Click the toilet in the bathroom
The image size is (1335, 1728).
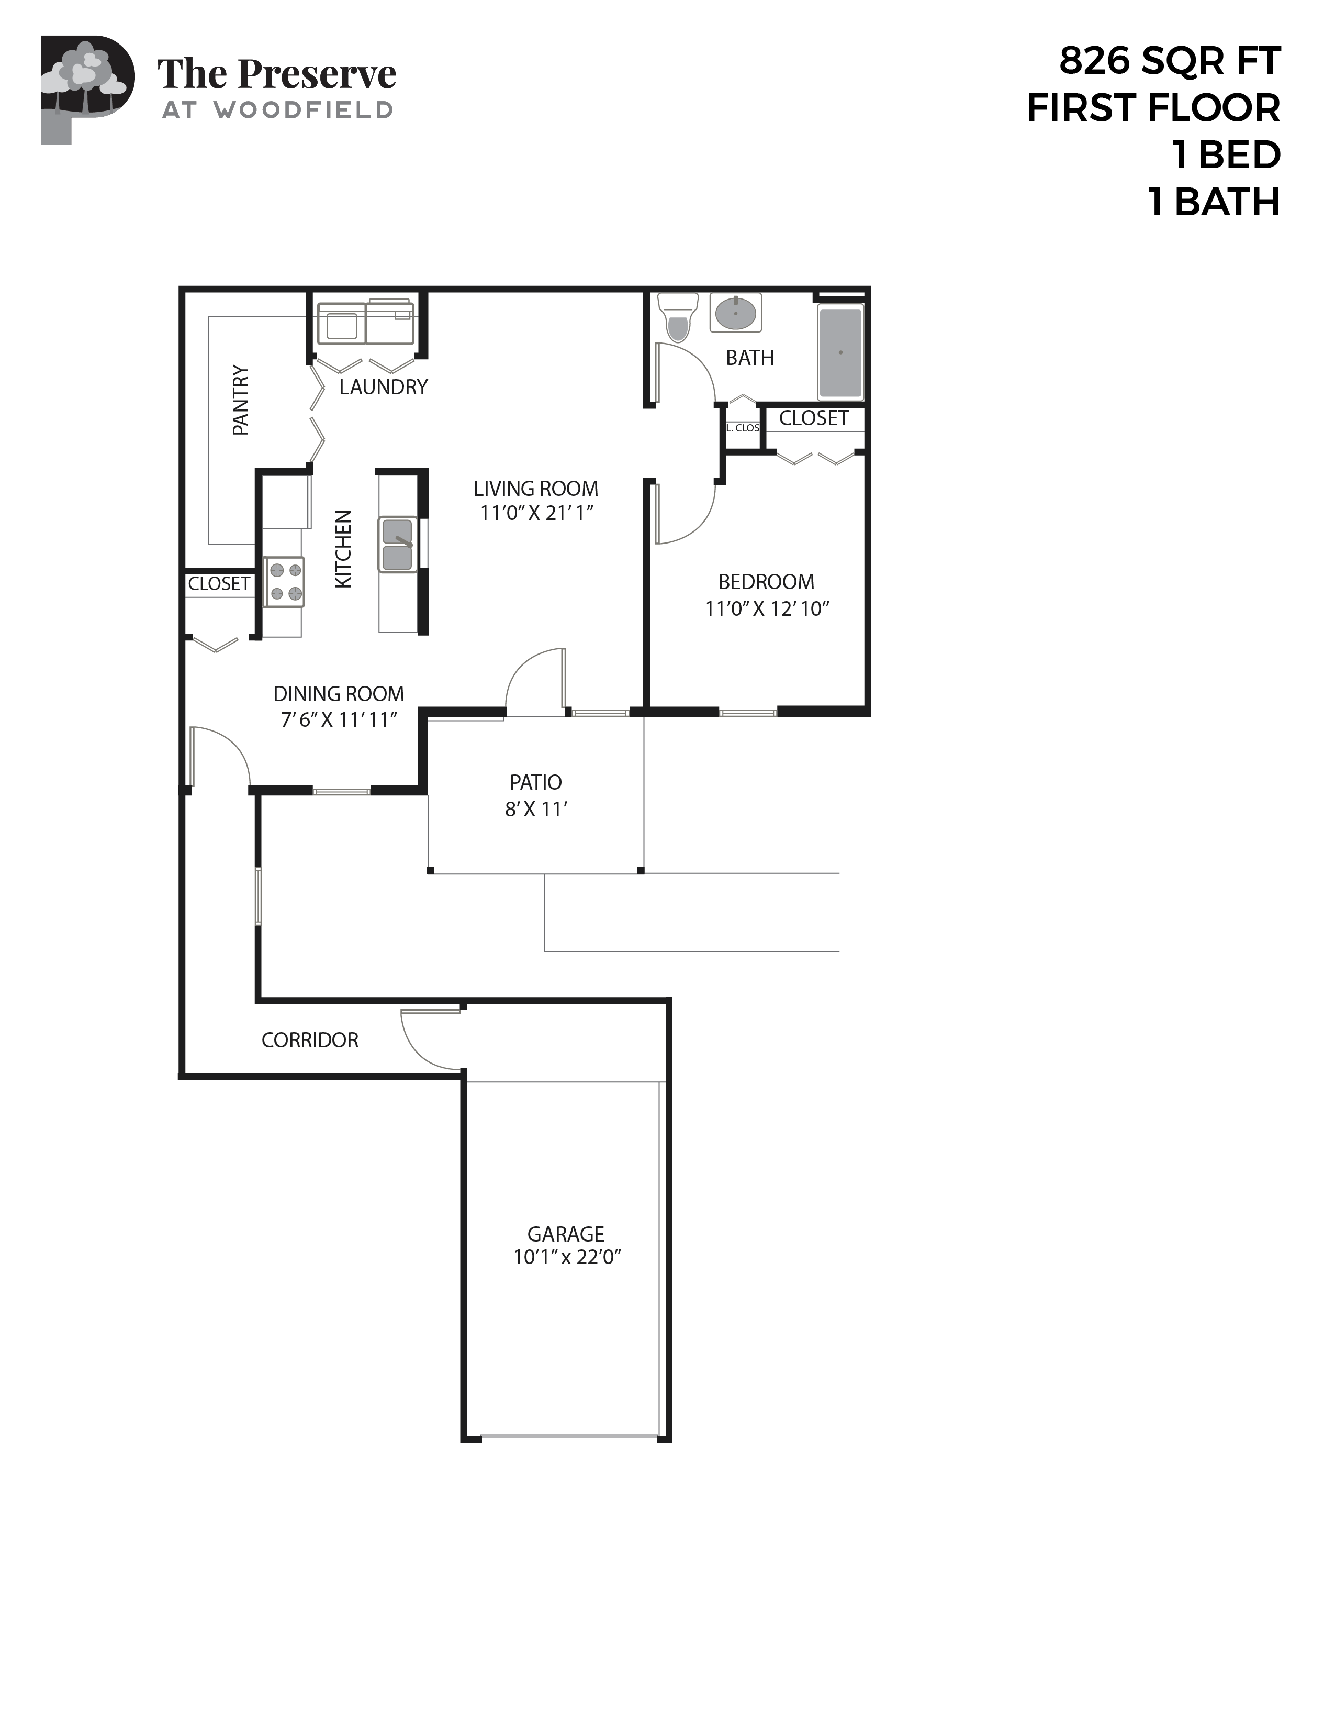(678, 316)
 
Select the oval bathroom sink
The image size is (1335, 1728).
(735, 313)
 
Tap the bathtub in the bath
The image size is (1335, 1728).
(840, 352)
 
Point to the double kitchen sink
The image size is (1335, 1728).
(398, 545)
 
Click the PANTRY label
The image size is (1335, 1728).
(240, 401)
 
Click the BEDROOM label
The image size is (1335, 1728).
(766, 582)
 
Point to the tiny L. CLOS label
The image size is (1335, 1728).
(743, 428)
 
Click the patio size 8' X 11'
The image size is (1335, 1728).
(536, 810)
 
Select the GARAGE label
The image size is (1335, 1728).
(566, 1234)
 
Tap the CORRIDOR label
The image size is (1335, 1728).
(310, 1039)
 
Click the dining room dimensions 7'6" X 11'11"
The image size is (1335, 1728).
(339, 719)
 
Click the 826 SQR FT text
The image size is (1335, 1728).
(1169, 61)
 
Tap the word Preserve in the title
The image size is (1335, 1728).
(317, 74)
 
